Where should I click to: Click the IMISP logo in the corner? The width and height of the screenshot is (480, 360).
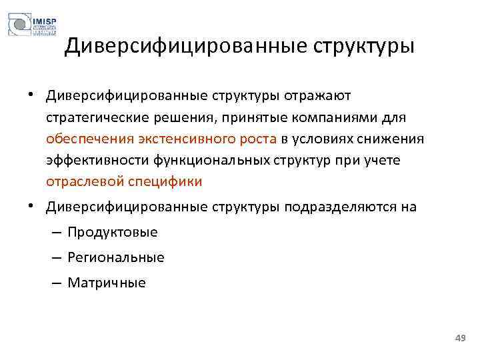32,25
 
